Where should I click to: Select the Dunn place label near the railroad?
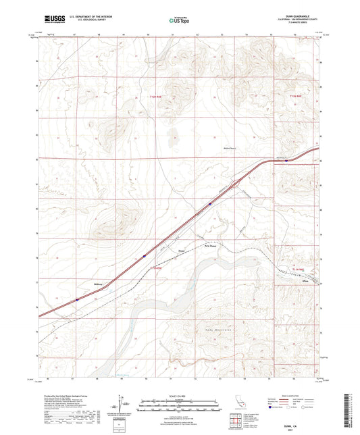(180, 249)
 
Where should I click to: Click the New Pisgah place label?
(210, 247)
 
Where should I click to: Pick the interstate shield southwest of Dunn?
(144, 255)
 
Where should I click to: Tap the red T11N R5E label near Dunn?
(156, 269)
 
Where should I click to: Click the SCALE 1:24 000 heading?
(179, 395)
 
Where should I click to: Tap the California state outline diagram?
(239, 404)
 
